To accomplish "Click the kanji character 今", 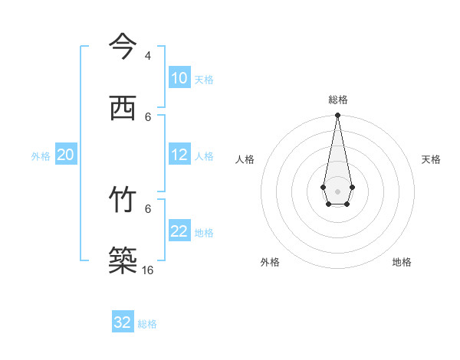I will pyautogui.click(x=123, y=46).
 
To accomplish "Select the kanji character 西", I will pyautogui.click(x=123, y=108).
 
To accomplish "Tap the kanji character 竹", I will pyautogui.click(x=123, y=199).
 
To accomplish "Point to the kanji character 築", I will pyautogui.click(x=123, y=261).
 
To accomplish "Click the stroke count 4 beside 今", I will pyautogui.click(x=148, y=56).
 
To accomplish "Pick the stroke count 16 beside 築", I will pyautogui.click(x=147, y=270).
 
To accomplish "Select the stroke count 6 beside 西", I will pyautogui.click(x=148, y=117).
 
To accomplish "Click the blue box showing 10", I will pyautogui.click(x=179, y=78).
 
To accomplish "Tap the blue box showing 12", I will pyautogui.click(x=179, y=155).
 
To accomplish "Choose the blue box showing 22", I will pyautogui.click(x=179, y=231).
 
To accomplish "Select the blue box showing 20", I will pyautogui.click(x=66, y=155).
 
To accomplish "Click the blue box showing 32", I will pyautogui.click(x=123, y=322).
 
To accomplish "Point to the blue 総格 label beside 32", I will pyautogui.click(x=147, y=324).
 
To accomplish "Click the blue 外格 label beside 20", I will pyautogui.click(x=41, y=156).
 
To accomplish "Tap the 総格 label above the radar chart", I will pyautogui.click(x=338, y=100).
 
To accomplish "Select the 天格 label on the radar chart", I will pyautogui.click(x=431, y=159).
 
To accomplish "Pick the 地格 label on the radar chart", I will pyautogui.click(x=402, y=262).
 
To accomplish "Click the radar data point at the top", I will pyautogui.click(x=337, y=116).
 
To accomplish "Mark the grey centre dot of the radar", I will pyautogui.click(x=337, y=191).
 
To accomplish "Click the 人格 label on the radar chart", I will pyautogui.click(x=245, y=159).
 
